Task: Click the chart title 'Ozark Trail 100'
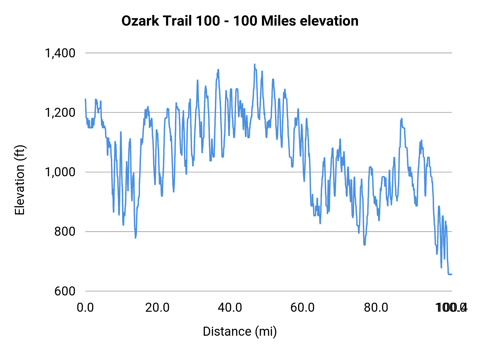pyautogui.click(x=171, y=21)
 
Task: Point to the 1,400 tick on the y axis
pyautogui.click(x=60, y=53)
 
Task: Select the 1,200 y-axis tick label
pyautogui.click(x=60, y=113)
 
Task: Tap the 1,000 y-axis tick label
pyautogui.click(x=60, y=172)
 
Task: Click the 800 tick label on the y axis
pyautogui.click(x=65, y=231)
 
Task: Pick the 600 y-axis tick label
pyautogui.click(x=65, y=291)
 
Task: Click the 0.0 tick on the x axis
pyautogui.click(x=85, y=308)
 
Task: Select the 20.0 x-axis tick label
pyautogui.click(x=157, y=308)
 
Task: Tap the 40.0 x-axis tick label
pyautogui.click(x=230, y=308)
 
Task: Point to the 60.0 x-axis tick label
pyautogui.click(x=302, y=308)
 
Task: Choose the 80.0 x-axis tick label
pyautogui.click(x=376, y=308)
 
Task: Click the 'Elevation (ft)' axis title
pyautogui.click(x=20, y=180)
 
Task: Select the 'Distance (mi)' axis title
pyautogui.click(x=240, y=331)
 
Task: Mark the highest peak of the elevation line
pyautogui.click(x=254, y=64)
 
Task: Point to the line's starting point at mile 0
pyautogui.click(x=85, y=99)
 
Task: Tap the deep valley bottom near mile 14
pyautogui.click(x=135, y=238)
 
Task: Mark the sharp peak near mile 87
pyautogui.click(x=401, y=119)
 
